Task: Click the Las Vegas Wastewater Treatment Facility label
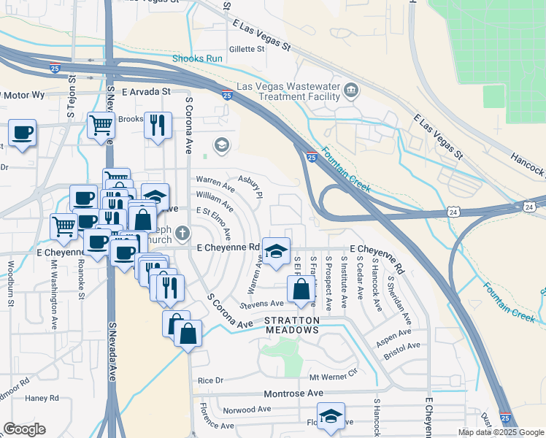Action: [x=287, y=91]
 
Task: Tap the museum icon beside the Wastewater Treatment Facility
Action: [x=352, y=91]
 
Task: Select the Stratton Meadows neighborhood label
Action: [x=292, y=326]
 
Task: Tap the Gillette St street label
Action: [x=246, y=49]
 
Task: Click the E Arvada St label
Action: [x=146, y=93]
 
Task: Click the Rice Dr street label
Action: [x=209, y=380]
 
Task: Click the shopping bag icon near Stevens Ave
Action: [x=301, y=289]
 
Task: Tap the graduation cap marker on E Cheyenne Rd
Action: [x=276, y=251]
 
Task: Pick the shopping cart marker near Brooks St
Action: [x=101, y=125]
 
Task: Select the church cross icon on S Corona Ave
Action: [x=182, y=234]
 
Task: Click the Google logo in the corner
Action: [x=24, y=429]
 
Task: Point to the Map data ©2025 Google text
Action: [x=500, y=432]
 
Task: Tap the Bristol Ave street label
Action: [x=402, y=347]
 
